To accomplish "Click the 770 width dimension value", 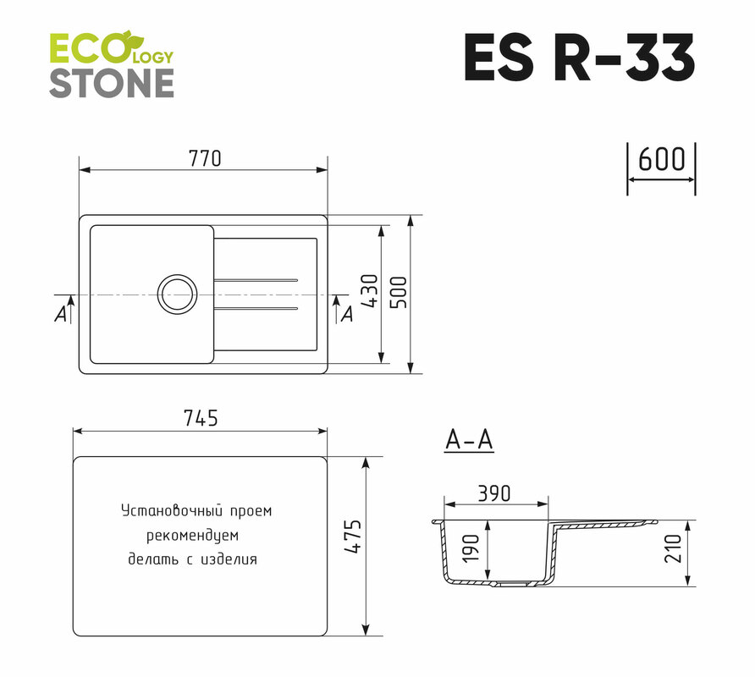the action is coord(205,158).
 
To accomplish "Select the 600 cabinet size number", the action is coord(662,159).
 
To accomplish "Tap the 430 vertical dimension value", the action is coord(370,291).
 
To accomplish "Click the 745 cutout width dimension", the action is coord(201,418).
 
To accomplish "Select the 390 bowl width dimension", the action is coord(494,493).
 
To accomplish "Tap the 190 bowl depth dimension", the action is coord(471,548).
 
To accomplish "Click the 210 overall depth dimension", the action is coord(673,548).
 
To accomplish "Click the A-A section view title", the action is coord(469,439).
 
